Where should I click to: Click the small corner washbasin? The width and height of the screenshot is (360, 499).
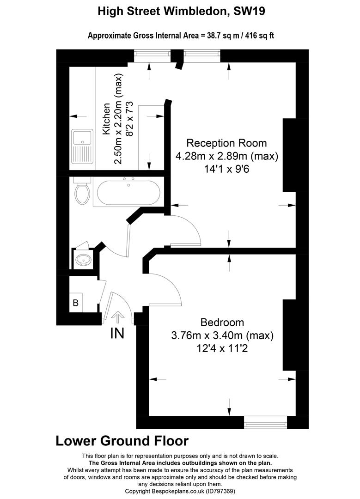83,260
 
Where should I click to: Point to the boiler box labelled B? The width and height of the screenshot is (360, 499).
75,304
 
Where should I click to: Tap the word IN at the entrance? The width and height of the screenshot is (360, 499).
117,333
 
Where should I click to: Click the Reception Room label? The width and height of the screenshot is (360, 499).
226,143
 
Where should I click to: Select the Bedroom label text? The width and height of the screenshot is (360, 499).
222,322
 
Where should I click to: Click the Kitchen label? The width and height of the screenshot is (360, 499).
107,119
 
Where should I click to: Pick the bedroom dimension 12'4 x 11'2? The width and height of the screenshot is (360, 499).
222,348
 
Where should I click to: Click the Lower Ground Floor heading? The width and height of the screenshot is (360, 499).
122,440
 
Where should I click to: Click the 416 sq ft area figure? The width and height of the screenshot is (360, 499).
257,36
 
